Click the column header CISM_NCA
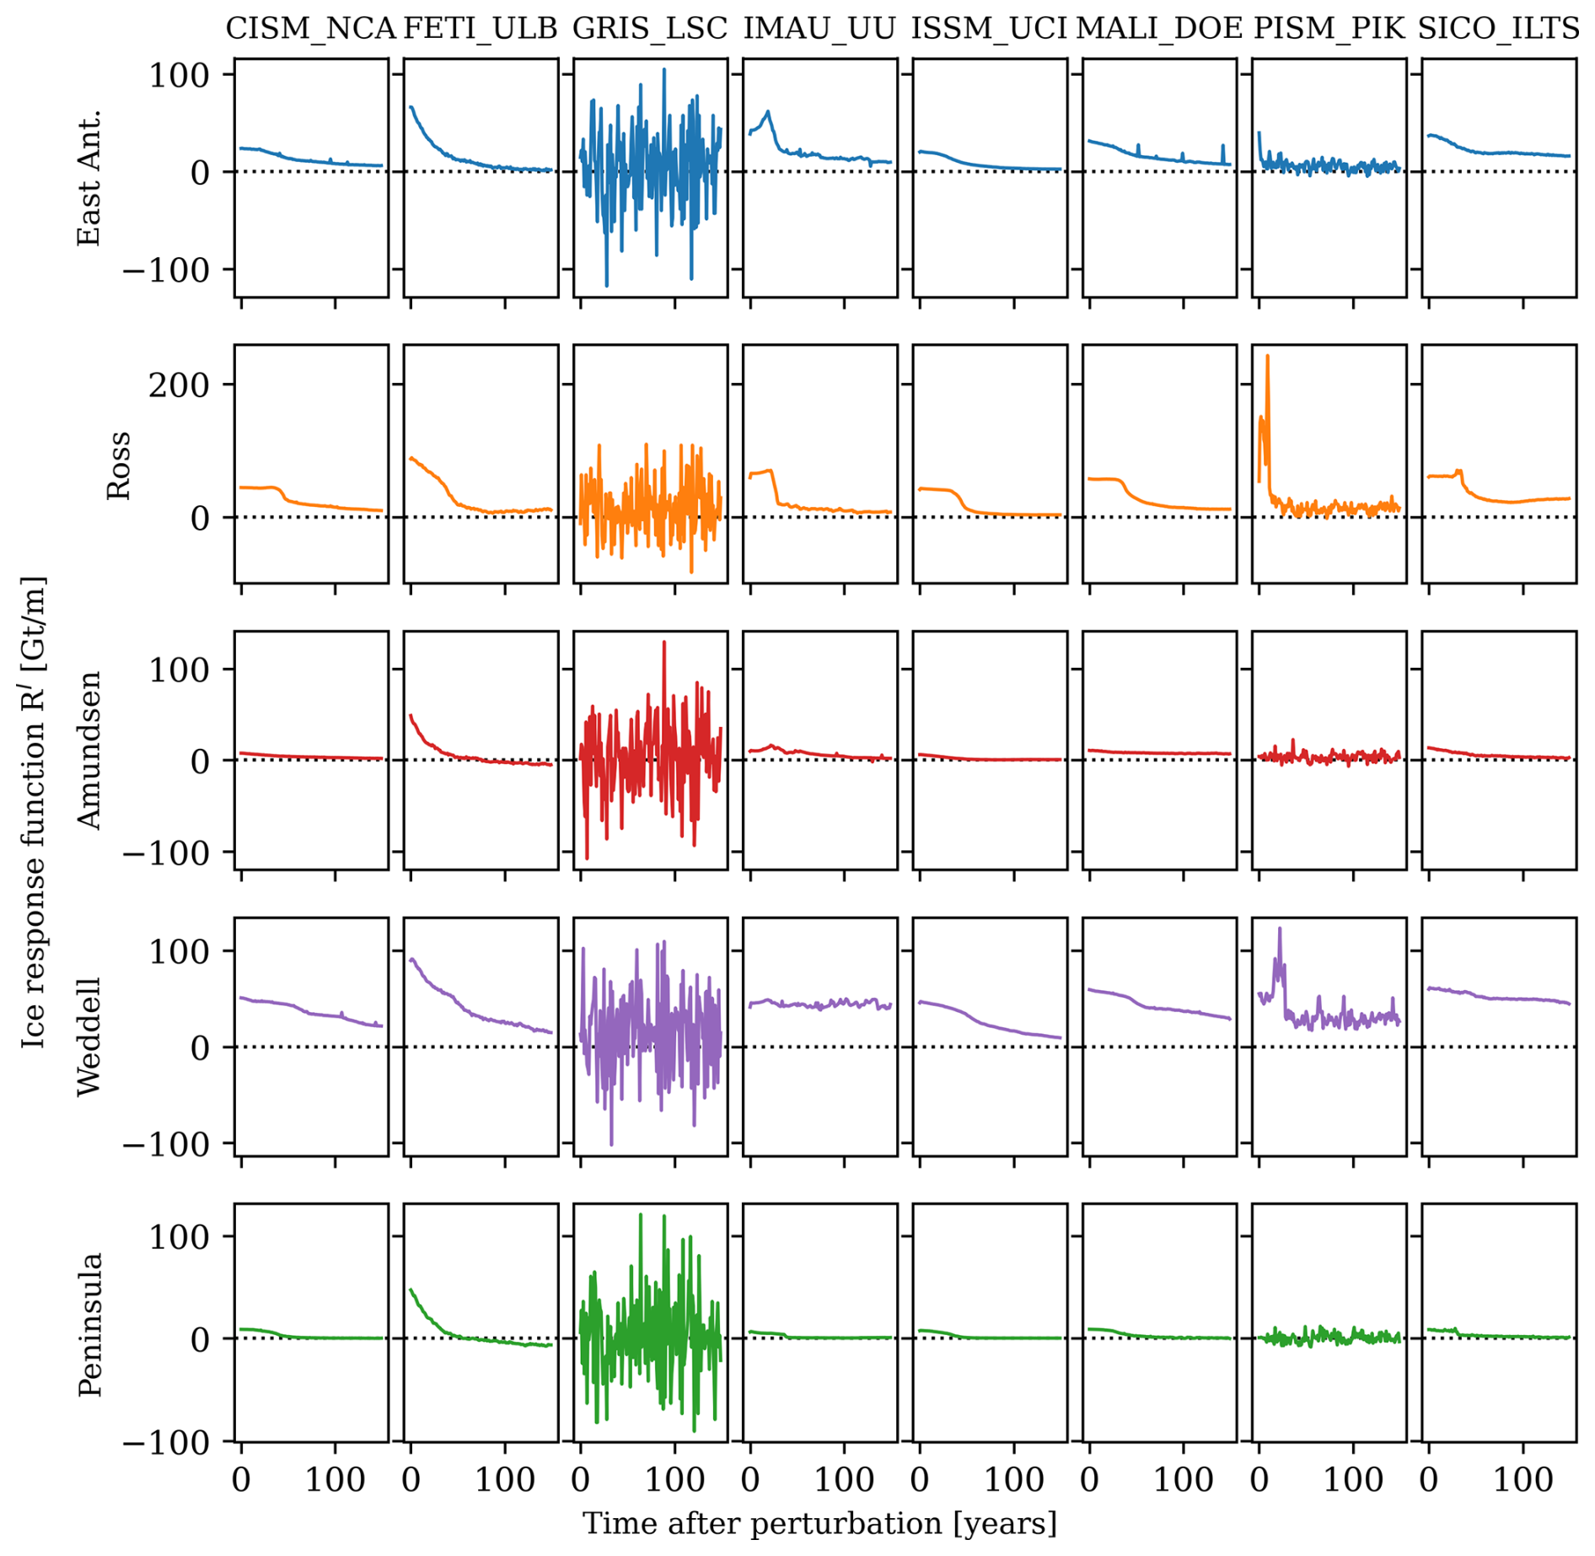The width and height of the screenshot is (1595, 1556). point(310,29)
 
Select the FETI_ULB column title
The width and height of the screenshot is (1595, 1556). point(481,29)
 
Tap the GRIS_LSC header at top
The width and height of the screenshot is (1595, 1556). point(649,29)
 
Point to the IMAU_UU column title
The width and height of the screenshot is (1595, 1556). point(819,29)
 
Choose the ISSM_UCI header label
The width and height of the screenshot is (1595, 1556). point(989,29)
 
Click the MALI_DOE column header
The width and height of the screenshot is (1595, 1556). point(1159,29)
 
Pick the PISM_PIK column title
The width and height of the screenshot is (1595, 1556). point(1329,29)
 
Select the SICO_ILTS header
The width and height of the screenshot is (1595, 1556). point(1499,29)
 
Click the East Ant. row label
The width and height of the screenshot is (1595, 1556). point(89,178)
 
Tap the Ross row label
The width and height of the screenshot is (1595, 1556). point(119,465)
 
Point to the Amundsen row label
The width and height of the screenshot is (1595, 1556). point(89,751)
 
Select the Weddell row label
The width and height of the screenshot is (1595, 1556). point(89,1036)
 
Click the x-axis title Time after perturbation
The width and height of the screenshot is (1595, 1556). point(819,1523)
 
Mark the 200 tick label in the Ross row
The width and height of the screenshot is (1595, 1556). point(179,385)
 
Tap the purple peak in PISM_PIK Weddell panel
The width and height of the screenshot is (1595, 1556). point(1280,929)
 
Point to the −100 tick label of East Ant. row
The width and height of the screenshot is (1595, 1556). point(166,270)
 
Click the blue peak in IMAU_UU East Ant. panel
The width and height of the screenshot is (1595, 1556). point(768,111)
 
